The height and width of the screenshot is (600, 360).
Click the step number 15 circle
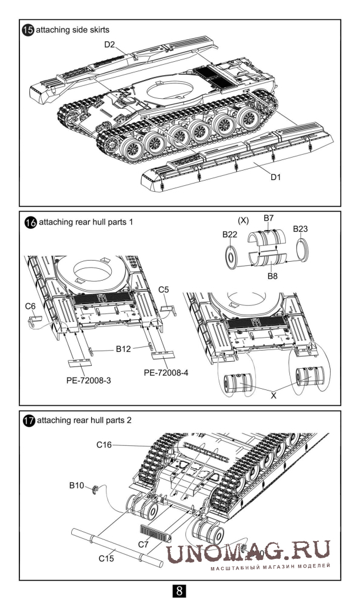[x=27, y=29]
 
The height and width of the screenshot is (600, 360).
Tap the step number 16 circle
[x=29, y=224]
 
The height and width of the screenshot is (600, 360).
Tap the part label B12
[x=123, y=349]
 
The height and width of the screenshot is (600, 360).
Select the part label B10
[x=76, y=486]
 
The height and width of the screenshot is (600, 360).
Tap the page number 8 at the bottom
[x=179, y=588]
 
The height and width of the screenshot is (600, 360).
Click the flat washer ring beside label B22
[x=232, y=256]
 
